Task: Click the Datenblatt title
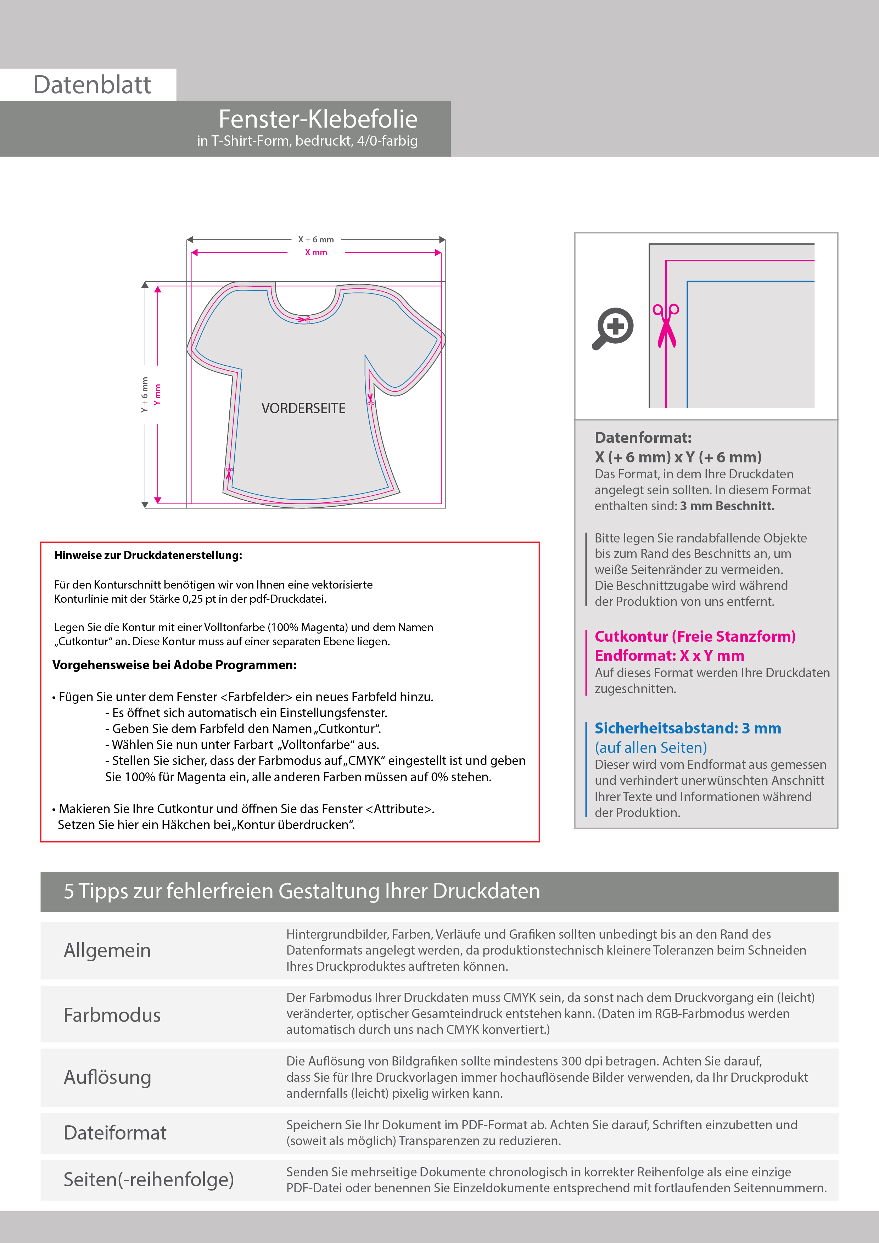point(92,85)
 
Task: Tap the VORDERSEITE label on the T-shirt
point(303,408)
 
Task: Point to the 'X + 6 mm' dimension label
point(316,239)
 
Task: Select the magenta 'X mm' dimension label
point(316,252)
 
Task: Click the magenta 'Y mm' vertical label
point(158,395)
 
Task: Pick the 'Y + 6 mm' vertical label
point(145,395)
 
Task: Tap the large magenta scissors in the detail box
point(666,325)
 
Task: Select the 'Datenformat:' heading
point(643,438)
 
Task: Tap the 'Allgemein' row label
point(107,950)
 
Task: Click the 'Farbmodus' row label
point(112,1014)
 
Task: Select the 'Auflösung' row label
point(107,1077)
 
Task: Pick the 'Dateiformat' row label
point(115,1132)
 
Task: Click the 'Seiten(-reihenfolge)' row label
point(149,1179)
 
